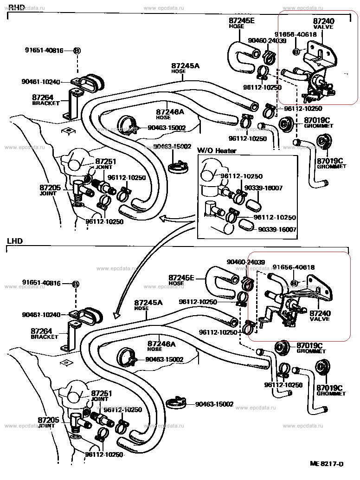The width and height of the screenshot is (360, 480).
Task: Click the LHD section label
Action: [14, 241]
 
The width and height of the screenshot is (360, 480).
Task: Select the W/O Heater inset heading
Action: [217, 150]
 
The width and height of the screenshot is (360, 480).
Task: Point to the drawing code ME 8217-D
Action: [328, 464]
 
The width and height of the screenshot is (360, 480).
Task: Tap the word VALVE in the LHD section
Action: [320, 319]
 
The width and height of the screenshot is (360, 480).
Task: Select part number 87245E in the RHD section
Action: [242, 21]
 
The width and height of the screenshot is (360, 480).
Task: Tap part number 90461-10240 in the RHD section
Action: [41, 82]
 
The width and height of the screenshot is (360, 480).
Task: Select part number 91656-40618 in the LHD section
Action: [294, 267]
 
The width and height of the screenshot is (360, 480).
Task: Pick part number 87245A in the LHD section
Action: [148, 303]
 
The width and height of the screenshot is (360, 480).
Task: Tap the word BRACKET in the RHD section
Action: [43, 103]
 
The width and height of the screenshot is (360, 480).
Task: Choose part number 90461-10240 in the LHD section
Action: [41, 315]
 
